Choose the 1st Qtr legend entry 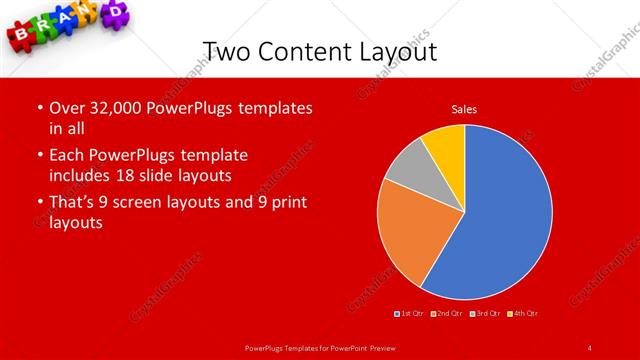pyautogui.click(x=410, y=314)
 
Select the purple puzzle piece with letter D pyautogui.click(x=116, y=12)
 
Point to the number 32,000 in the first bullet pyautogui.click(x=107, y=108)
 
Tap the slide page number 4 pyautogui.click(x=590, y=347)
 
